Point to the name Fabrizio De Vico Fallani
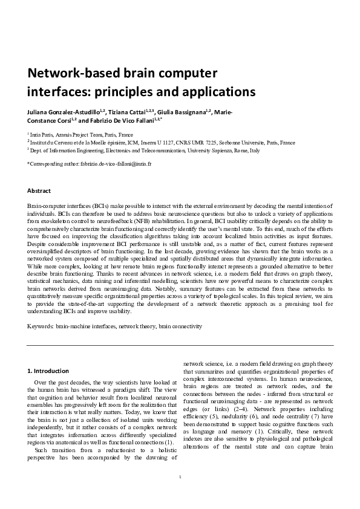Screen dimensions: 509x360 click(124, 121)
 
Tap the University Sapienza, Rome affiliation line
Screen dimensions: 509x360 click(145, 151)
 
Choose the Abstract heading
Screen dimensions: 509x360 click(39, 190)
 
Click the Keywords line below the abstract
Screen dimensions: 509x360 click(115, 326)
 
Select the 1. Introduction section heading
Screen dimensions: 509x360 click(49, 370)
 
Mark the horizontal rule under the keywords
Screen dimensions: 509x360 click(180, 345)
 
